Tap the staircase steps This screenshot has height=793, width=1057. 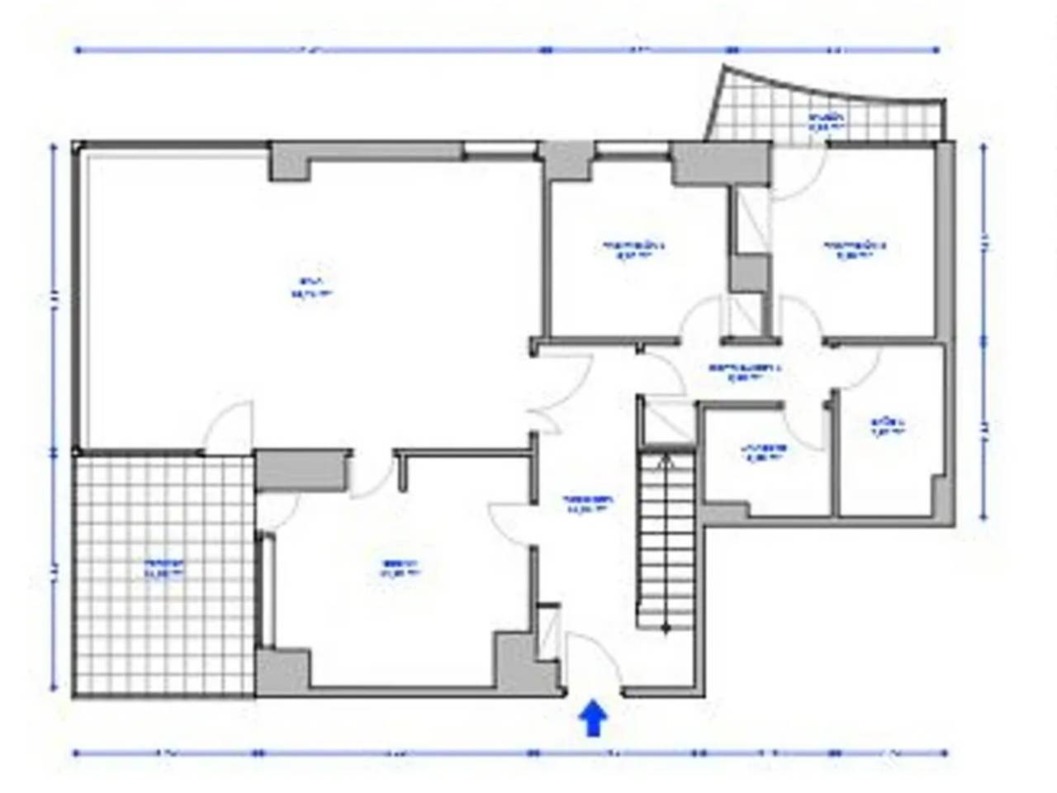click(666, 541)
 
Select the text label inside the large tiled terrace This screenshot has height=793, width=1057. click(164, 569)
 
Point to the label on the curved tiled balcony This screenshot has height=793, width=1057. click(827, 122)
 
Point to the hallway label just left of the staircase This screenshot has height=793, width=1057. click(588, 504)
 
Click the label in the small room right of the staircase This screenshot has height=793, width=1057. click(763, 451)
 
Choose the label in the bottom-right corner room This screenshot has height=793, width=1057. click(889, 426)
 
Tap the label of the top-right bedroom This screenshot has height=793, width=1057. click(854, 249)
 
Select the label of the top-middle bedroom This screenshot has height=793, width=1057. click(633, 249)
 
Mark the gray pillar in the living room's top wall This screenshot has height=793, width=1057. click(291, 160)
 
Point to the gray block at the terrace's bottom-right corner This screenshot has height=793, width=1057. click(281, 672)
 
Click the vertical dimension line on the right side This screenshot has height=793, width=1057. click(984, 330)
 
